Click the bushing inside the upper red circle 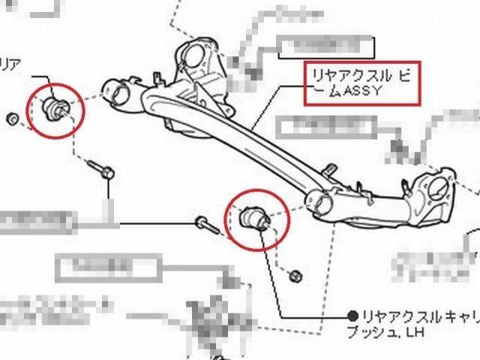(x=55, y=106)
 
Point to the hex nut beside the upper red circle (x=12, y=119)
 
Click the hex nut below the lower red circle (x=295, y=276)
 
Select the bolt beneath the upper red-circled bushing (x=99, y=169)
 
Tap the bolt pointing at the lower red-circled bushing (x=206, y=223)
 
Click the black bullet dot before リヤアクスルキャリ (x=352, y=315)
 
